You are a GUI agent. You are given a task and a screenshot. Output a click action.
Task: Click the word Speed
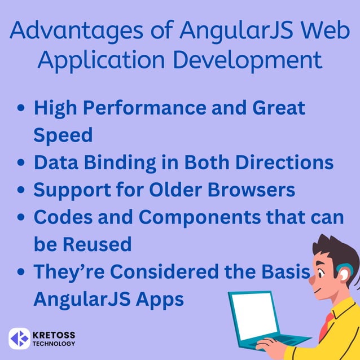63,135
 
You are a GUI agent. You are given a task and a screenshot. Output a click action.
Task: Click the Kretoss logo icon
19,338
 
